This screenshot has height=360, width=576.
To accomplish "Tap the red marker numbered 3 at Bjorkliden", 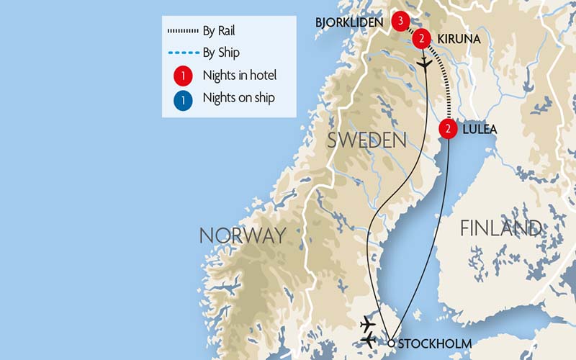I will click(400, 20).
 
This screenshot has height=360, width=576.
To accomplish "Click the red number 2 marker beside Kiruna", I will click(423, 37).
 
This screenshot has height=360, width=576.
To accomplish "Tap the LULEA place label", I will click(480, 130).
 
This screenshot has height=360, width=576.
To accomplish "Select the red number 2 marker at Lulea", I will click(448, 130).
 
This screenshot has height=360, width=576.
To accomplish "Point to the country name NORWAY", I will click(242, 235).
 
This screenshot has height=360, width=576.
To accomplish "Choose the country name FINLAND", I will click(500, 228).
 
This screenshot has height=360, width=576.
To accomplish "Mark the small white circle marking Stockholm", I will click(390, 343).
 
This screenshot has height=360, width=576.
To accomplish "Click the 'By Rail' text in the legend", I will click(220, 31).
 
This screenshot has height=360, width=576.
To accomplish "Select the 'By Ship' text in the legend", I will click(221, 53).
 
